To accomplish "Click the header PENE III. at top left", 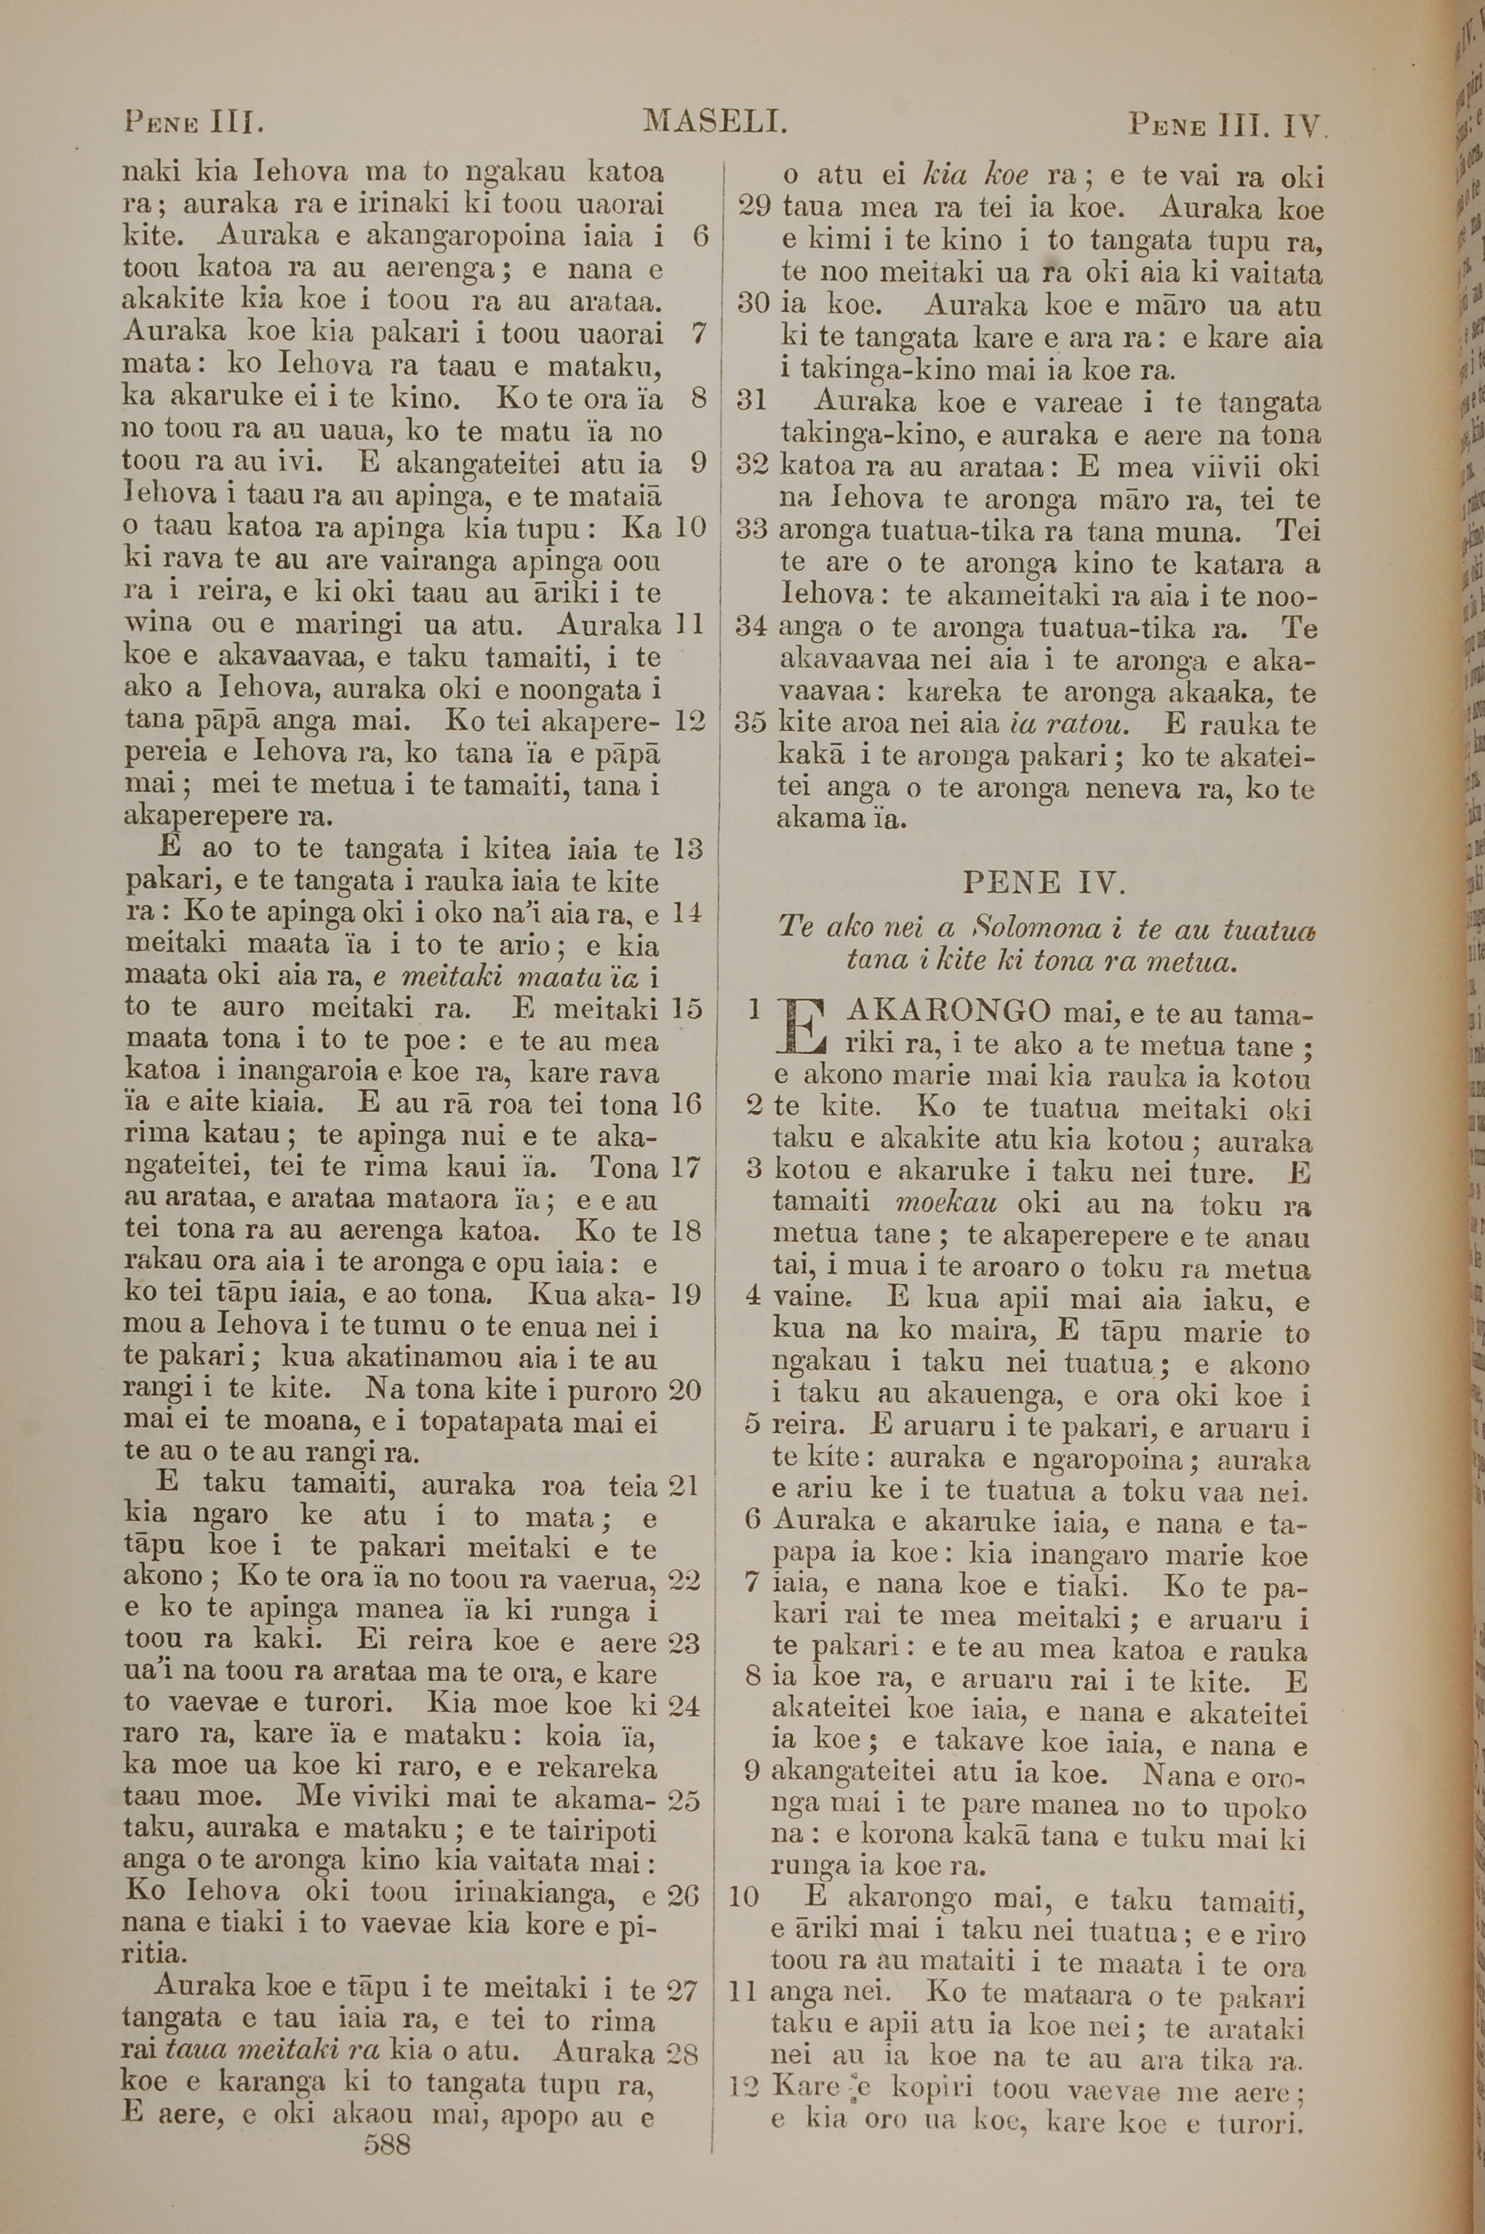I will point(193,122).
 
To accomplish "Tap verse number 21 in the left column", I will point(684,1486).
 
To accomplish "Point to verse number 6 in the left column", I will point(701,237).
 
